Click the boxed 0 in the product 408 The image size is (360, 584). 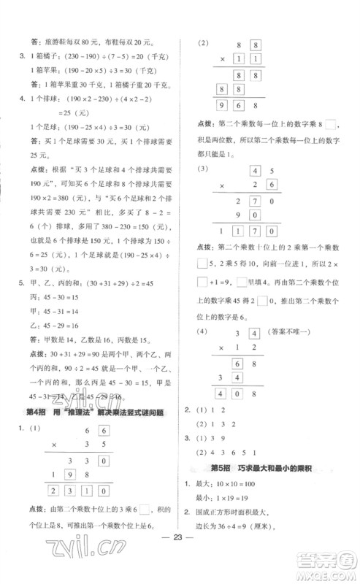(236, 395)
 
